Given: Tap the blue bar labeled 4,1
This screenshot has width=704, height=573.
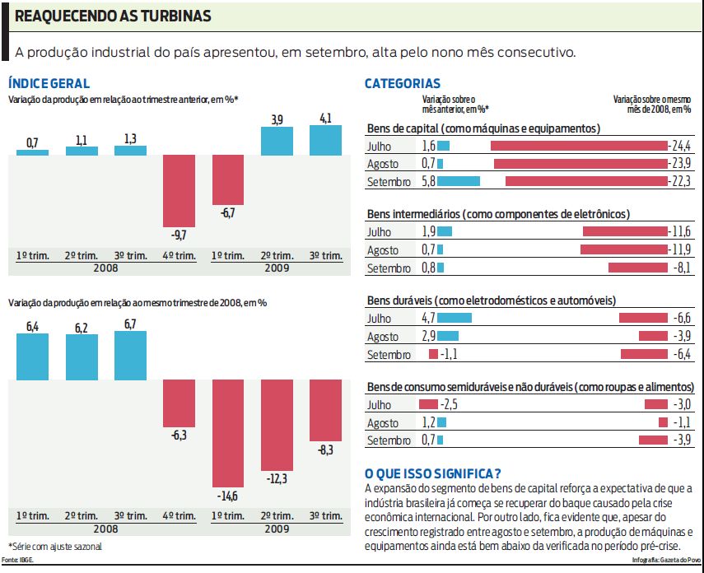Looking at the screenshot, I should coord(325,140).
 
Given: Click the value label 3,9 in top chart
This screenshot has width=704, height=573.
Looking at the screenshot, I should coord(277,120).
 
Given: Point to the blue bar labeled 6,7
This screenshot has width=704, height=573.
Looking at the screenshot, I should coord(129,356).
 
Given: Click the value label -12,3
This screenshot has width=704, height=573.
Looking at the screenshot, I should coord(277,478).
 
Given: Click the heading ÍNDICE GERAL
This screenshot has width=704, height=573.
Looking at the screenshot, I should coord(49,83).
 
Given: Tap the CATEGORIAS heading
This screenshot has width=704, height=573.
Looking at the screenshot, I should coord(402,83).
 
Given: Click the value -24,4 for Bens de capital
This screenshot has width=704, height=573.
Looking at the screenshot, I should coord(679,146).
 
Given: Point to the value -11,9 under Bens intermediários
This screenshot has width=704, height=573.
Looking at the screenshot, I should coord(679,249).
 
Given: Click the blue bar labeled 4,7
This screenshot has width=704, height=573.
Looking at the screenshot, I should coord(455,318).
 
